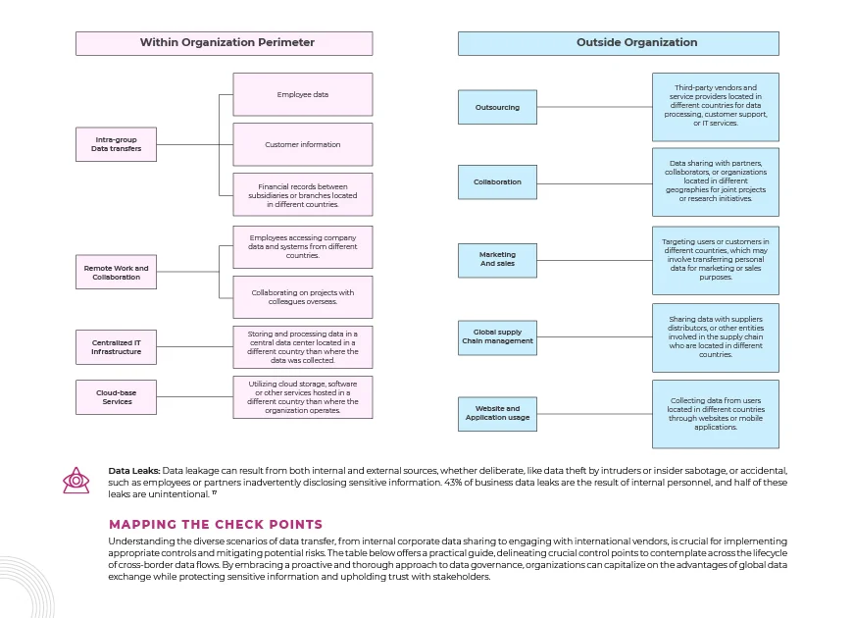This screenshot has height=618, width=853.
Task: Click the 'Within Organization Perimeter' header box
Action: [x=225, y=43]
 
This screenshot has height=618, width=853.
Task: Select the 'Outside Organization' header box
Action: [x=619, y=43]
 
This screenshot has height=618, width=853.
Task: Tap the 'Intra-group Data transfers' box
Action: [x=116, y=144]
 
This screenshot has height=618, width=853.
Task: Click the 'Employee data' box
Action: [x=303, y=94]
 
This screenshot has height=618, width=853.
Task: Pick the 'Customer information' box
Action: [x=303, y=144]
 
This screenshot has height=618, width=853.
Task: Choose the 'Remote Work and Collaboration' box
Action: [x=116, y=273]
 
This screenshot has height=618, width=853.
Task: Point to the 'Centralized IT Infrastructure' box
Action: [x=116, y=347]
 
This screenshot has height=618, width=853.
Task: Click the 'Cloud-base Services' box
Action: [x=116, y=397]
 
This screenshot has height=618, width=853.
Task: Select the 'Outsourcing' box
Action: [x=497, y=107]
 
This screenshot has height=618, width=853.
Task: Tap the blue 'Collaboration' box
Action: [x=497, y=181]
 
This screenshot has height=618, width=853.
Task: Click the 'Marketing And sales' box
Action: [x=497, y=260]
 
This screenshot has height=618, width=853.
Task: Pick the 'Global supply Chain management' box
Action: [x=497, y=337]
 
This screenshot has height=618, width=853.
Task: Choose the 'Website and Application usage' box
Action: [x=497, y=414]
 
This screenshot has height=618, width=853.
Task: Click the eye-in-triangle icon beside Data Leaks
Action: [x=76, y=481]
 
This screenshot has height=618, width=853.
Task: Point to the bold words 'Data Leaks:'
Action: [x=133, y=471]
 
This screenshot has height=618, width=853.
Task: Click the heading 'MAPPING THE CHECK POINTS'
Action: [x=216, y=525]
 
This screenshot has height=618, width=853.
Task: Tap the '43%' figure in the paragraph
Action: [x=453, y=483]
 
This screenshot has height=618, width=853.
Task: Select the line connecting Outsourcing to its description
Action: [x=594, y=107]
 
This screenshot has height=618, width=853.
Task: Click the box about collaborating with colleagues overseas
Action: [x=303, y=297]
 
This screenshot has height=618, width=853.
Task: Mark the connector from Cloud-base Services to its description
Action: [x=195, y=397]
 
